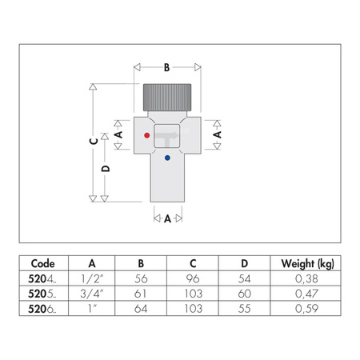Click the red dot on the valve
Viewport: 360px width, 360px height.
click(x=146, y=136)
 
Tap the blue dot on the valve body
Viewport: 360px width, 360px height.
click(x=166, y=158)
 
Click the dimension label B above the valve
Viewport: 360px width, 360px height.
click(x=166, y=69)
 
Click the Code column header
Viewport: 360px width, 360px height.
click(x=42, y=263)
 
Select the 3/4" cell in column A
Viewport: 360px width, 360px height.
click(x=93, y=293)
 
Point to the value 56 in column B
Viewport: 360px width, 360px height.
click(x=142, y=278)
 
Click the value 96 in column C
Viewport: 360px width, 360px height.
click(x=193, y=278)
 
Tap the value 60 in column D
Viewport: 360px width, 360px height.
click(x=244, y=293)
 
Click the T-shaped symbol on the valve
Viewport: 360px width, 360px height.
click(x=168, y=139)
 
